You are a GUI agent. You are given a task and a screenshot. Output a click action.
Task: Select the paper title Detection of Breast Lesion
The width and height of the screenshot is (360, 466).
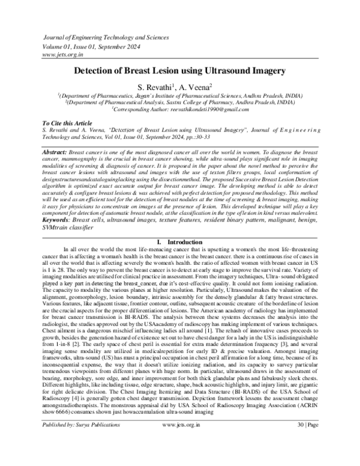pos(179,71)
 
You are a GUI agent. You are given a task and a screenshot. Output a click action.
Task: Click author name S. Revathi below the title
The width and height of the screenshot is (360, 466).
pos(158,86)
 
